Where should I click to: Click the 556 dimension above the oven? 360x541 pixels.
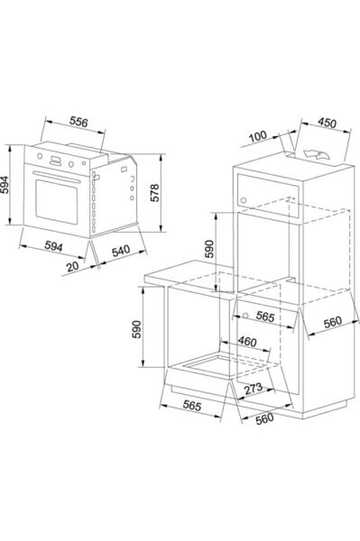coord(78,122)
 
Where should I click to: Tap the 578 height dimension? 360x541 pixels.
coord(155,193)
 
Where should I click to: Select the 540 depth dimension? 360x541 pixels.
coord(121,251)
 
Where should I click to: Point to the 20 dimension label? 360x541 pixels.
coord(73,266)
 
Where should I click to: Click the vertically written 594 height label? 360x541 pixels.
coord(4,185)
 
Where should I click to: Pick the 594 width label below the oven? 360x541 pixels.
coord(54,246)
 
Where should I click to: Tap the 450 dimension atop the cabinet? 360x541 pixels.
coord(327,123)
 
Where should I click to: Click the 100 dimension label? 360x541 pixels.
coord(258,136)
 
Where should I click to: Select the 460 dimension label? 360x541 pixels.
coord(247,342)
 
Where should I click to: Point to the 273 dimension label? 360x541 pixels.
coord(254,389)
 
